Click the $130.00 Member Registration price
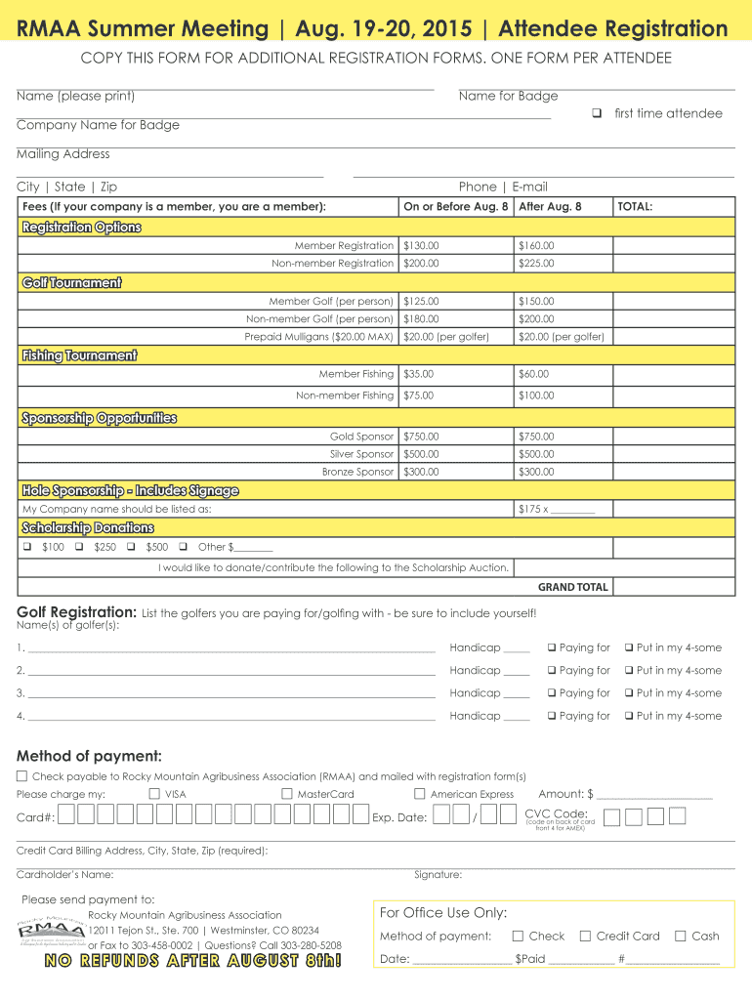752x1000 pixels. tap(421, 246)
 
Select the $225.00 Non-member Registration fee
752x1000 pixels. tap(536, 264)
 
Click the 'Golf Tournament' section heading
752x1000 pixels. tap(72, 283)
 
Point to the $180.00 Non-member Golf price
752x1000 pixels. tap(421, 319)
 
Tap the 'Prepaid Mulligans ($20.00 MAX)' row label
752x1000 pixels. tap(319, 337)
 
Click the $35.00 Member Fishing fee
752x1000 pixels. tap(418, 374)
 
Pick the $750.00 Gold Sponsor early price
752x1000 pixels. tap(421, 437)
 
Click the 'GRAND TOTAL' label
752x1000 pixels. tap(573, 588)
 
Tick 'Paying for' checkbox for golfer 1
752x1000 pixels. tap(552, 648)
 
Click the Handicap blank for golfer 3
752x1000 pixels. tap(517, 693)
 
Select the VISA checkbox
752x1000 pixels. tap(154, 794)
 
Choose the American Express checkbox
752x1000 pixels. tap(420, 794)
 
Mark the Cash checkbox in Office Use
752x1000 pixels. tap(681, 936)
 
